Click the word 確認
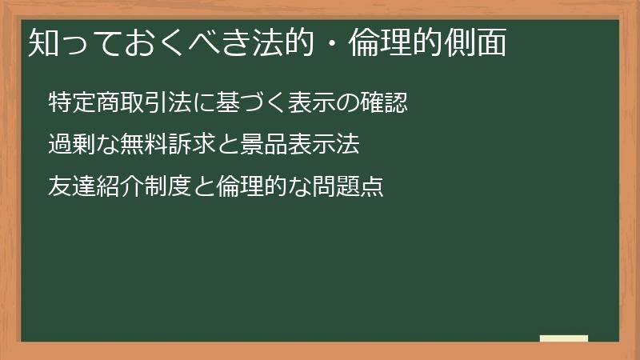[x=386, y=103]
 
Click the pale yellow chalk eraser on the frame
[x=564, y=338]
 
